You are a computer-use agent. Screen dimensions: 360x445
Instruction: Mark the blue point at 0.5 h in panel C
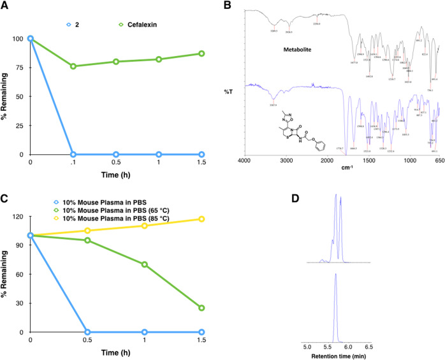click(x=87, y=332)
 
